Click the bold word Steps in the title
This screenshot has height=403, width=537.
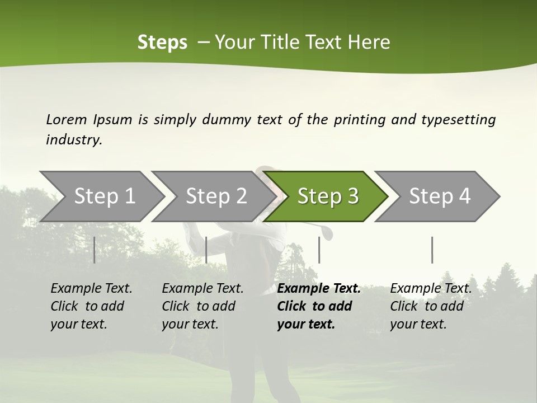162,43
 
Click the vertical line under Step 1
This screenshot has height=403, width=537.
95,250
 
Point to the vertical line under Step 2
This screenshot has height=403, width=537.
206,250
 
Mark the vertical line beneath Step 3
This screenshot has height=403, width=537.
319,250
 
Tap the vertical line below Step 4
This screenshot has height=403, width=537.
432,250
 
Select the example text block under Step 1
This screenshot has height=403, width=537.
91,306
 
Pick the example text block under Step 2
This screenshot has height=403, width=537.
202,306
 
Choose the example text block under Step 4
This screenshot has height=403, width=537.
431,306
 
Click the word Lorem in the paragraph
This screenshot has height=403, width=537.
67,119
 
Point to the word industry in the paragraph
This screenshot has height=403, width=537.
74,140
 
